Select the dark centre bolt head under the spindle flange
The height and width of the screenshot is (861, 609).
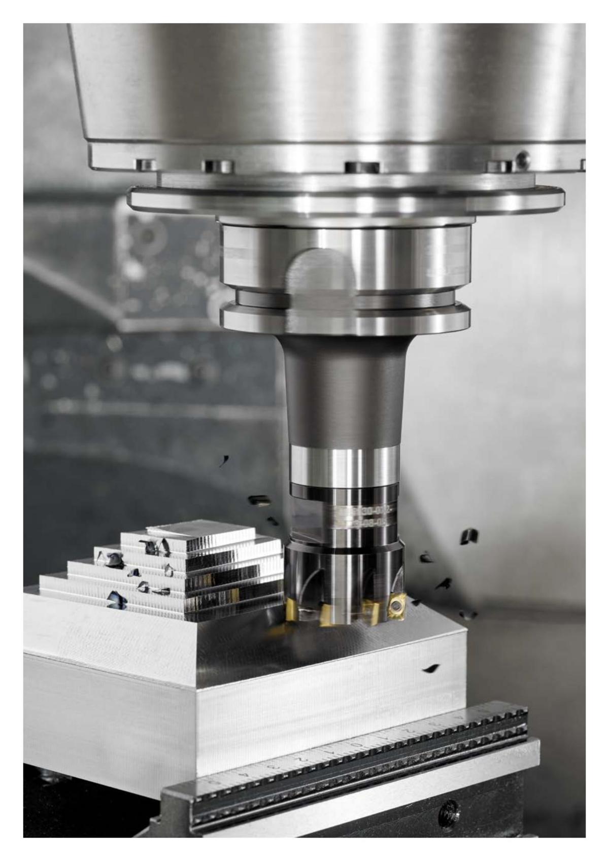tap(361, 167)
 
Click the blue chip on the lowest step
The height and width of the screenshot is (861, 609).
tap(117, 600)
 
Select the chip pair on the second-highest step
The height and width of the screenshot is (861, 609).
tap(155, 547)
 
